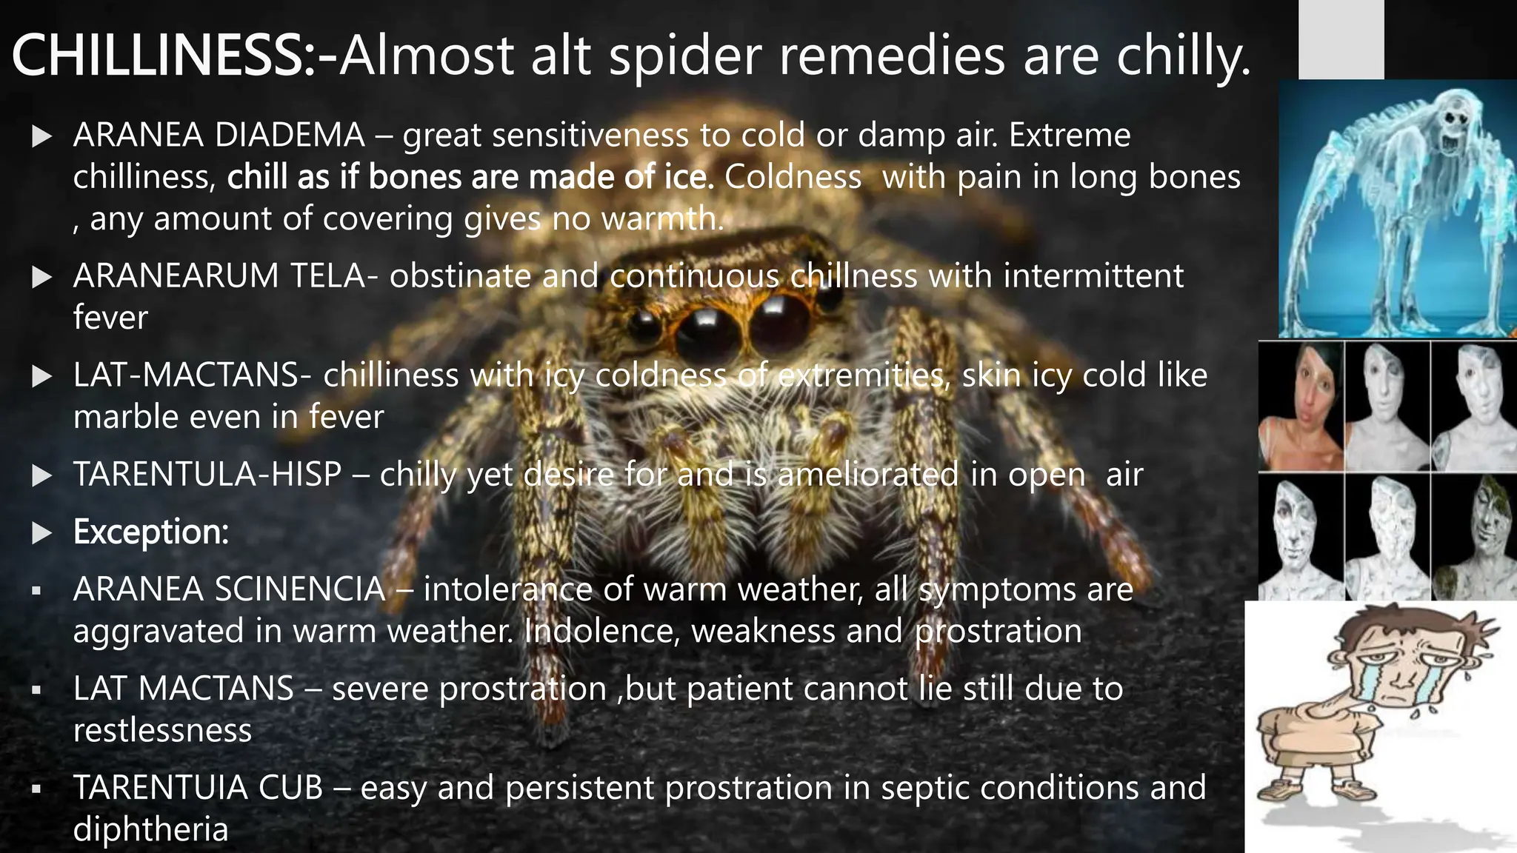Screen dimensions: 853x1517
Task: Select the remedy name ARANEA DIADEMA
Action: pyautogui.click(x=219, y=136)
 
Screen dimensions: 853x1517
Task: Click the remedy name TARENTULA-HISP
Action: pyautogui.click(x=207, y=475)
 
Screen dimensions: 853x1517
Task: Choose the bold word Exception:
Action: pyautogui.click(x=151, y=532)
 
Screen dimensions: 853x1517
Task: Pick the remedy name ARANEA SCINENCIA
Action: pyautogui.click(x=229, y=589)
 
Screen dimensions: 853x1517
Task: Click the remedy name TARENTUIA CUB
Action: pyautogui.click(x=198, y=788)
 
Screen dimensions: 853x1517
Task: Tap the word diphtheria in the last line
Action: pyautogui.click(x=150, y=829)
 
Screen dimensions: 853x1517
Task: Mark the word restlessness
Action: pyautogui.click(x=162, y=731)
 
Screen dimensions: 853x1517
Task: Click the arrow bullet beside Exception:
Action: pyautogui.click(x=42, y=533)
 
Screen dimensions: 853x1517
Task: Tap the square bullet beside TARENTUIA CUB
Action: pyautogui.click(x=36, y=789)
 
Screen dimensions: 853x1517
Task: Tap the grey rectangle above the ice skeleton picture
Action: pyautogui.click(x=1341, y=39)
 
